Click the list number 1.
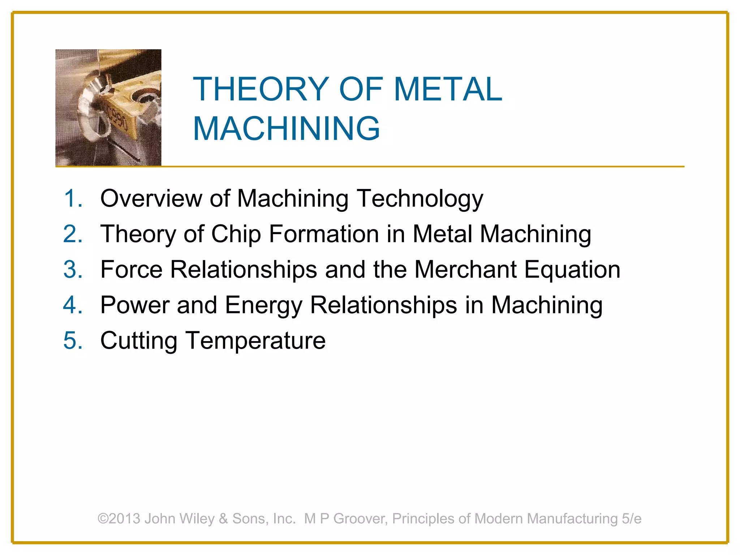(x=73, y=198)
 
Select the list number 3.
(x=73, y=270)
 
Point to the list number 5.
(x=73, y=340)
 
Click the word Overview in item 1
(x=151, y=198)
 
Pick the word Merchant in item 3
(x=465, y=270)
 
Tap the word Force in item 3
(x=132, y=270)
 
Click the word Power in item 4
(x=135, y=305)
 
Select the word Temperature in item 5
(x=256, y=341)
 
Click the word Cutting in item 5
(x=139, y=341)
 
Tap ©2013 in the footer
(x=119, y=519)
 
